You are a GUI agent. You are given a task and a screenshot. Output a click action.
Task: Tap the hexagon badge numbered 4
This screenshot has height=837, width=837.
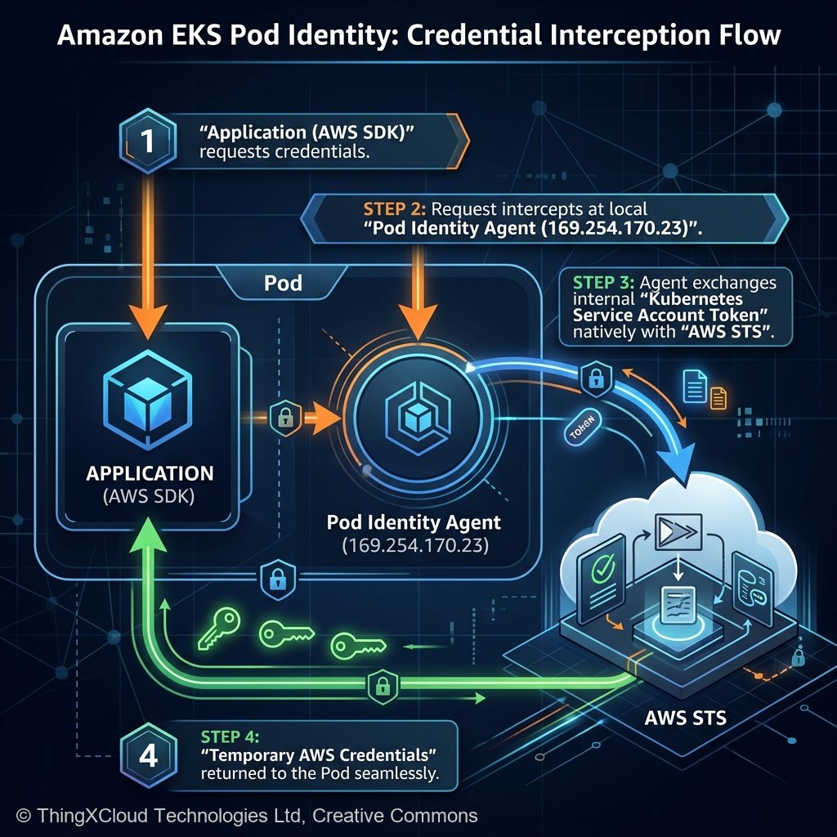[148, 756]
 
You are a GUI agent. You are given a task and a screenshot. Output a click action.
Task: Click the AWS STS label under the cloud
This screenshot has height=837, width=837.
[686, 719]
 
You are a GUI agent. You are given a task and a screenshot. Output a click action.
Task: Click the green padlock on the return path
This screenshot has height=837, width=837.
[380, 685]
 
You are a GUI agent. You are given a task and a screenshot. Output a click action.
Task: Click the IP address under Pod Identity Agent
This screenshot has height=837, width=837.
[414, 545]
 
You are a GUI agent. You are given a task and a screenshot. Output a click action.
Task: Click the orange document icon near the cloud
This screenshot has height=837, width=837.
[718, 397]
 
